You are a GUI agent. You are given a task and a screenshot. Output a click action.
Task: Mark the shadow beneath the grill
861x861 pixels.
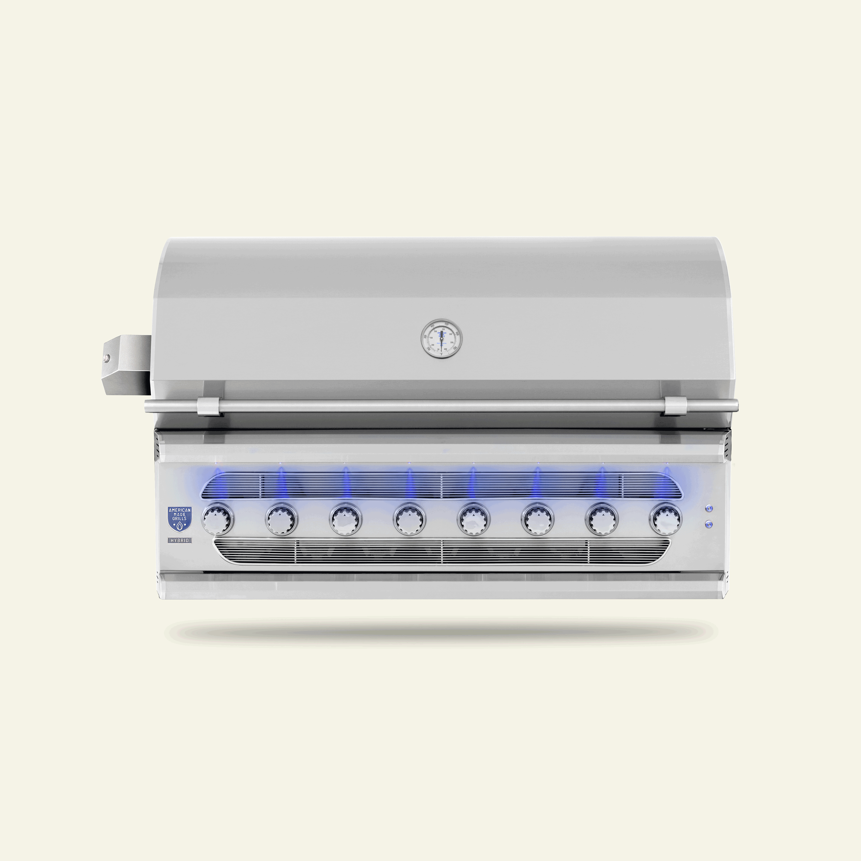point(441,631)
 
